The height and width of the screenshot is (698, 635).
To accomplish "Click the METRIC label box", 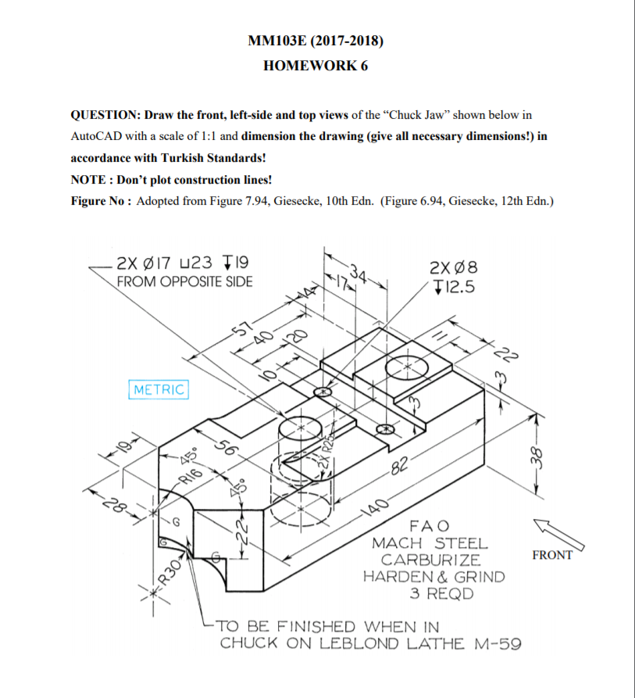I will pyautogui.click(x=159, y=389).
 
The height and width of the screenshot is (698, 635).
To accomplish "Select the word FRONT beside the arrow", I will pyautogui.click(x=551, y=555).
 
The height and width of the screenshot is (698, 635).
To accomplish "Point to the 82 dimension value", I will pyautogui.click(x=400, y=469).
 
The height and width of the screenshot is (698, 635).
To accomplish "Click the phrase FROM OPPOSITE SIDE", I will pyautogui.click(x=184, y=281).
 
